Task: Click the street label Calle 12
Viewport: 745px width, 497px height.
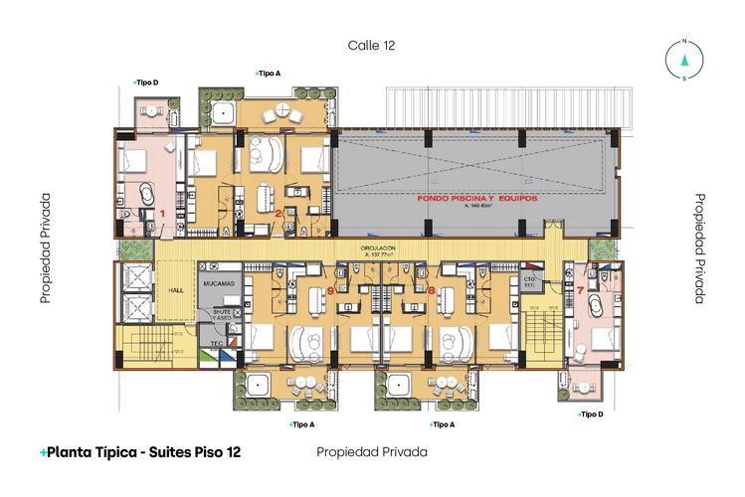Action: coord(372,46)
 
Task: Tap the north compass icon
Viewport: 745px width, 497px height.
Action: coord(684,59)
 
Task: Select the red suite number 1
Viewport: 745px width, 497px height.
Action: coord(162,214)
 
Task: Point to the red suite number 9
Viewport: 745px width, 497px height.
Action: coord(329,290)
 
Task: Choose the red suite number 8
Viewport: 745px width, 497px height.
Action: coord(432,290)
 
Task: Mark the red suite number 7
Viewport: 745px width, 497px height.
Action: coord(580,290)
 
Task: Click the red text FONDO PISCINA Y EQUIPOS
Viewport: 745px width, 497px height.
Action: coord(474,200)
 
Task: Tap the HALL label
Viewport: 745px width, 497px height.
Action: coord(177,291)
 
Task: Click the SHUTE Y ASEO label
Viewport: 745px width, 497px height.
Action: coord(219,317)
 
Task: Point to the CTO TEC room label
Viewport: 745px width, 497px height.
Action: coord(529,284)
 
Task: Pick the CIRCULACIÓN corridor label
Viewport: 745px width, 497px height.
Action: coord(379,249)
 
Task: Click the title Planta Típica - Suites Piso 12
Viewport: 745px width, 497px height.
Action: coord(140,452)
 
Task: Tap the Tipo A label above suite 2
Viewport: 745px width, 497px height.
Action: coord(268,73)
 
